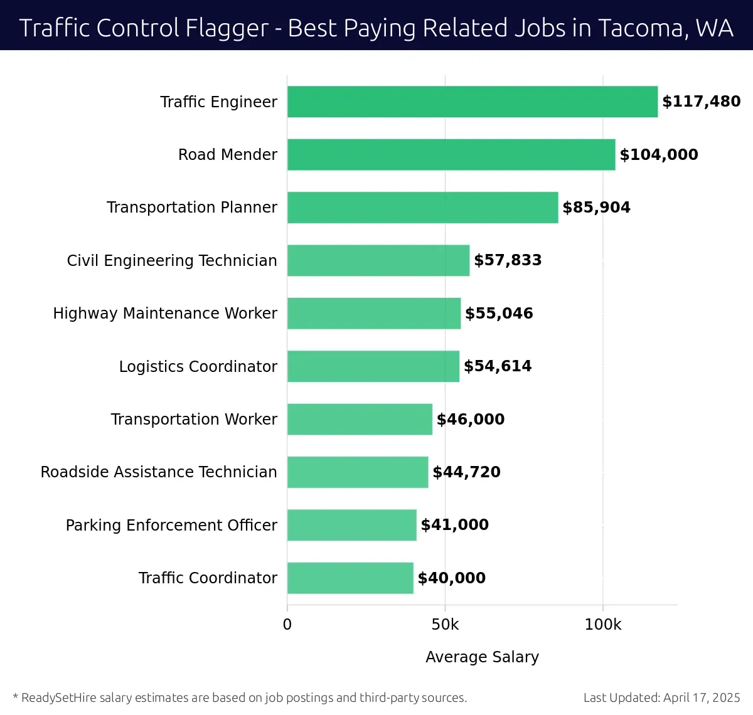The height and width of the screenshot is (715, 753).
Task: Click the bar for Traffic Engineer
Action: click(x=472, y=102)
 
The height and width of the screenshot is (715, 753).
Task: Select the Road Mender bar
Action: click(x=451, y=154)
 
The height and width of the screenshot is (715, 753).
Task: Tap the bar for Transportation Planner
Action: click(x=422, y=208)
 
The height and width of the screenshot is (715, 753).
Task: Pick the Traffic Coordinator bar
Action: click(x=350, y=578)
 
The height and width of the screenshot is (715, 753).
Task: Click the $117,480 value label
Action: click(x=701, y=102)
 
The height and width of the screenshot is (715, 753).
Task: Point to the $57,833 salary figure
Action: click(x=508, y=260)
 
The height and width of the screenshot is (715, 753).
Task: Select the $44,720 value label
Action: click(x=466, y=472)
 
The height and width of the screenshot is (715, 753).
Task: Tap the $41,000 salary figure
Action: click(x=454, y=525)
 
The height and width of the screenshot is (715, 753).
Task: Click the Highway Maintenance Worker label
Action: click(x=165, y=313)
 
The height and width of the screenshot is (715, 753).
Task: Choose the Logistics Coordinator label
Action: click(x=198, y=366)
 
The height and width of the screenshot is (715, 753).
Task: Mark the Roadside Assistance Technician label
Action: click(x=159, y=472)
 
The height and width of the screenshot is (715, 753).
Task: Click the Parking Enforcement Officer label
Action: click(x=171, y=525)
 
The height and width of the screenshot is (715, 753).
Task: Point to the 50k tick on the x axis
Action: click(x=445, y=625)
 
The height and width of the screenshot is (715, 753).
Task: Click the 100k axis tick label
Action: click(x=602, y=625)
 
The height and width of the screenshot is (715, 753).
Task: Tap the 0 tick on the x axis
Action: click(x=287, y=625)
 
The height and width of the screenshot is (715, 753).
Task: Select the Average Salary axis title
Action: click(x=482, y=657)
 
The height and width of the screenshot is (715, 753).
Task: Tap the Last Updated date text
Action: click(x=661, y=697)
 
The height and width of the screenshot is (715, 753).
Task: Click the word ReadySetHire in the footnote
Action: click(x=59, y=697)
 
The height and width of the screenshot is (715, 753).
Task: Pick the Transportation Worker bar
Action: click(x=360, y=419)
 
